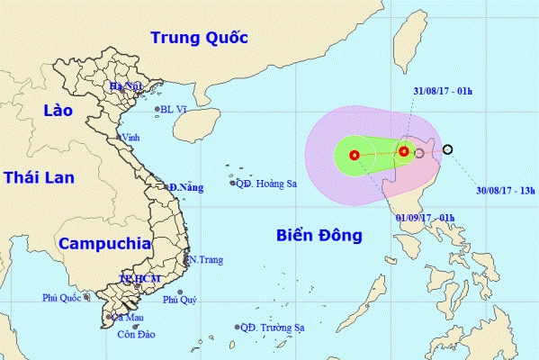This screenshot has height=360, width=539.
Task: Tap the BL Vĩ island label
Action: coord(175,110)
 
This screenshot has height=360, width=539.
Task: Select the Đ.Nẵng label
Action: coord(185,186)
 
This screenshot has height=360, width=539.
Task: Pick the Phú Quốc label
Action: coord(62,298)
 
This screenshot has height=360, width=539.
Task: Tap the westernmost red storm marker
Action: coord(354,155)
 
